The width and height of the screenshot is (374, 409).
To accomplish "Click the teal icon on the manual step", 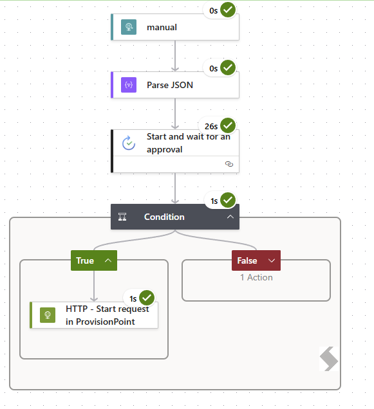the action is point(129,27).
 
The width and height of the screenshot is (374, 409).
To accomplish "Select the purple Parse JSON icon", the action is point(129,85).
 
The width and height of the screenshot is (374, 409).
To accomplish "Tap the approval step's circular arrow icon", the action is point(129,143).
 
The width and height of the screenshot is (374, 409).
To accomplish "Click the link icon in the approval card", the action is point(229,164).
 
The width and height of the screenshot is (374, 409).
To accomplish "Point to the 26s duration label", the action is point(211,127).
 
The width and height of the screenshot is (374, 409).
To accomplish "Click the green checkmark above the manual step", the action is point(228,10).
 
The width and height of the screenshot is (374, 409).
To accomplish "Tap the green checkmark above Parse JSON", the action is point(228,68).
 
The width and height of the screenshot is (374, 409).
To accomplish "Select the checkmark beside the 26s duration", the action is point(228,125).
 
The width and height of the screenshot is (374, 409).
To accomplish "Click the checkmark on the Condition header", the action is point(228,200).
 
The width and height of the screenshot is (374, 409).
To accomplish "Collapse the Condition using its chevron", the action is point(230,217).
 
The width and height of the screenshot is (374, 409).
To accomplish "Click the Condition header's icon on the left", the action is point(122,217).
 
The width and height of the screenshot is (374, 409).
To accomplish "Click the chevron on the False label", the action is point(272,260).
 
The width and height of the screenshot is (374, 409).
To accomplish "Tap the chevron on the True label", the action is point(108,260).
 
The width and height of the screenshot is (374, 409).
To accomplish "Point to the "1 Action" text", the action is point(256,277).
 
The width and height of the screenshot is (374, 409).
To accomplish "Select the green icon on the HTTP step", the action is point(48,315).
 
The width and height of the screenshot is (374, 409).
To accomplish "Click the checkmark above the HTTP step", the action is point(147,298).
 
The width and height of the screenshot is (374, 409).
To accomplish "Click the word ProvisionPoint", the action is point(106,322).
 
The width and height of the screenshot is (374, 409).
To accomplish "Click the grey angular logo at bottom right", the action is point(329,359).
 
